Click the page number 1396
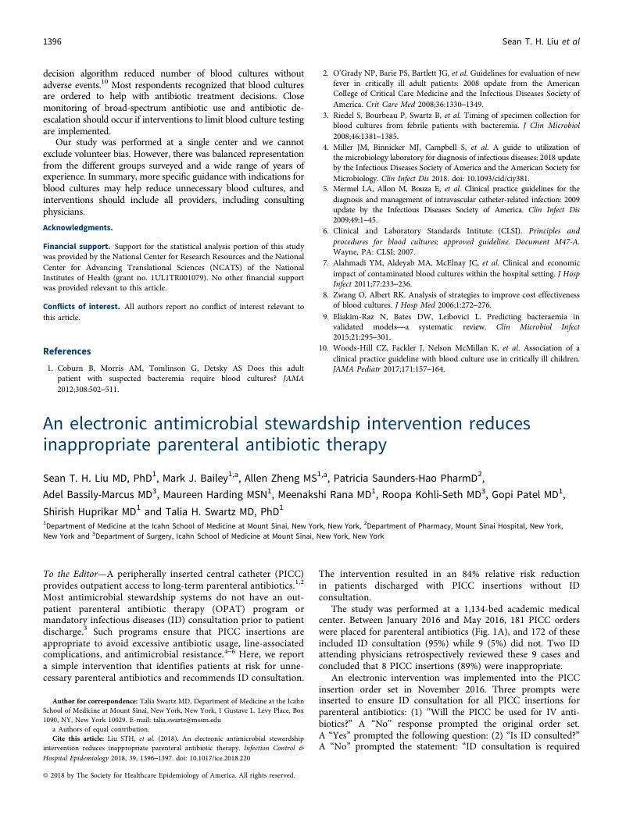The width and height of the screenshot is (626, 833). pos(52,41)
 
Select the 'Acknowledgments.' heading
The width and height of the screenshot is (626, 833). pos(77,228)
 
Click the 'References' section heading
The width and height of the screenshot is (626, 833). pos(66,351)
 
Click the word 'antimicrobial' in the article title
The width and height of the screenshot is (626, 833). pos(205,424)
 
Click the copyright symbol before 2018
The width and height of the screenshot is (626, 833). pos(47,776)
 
